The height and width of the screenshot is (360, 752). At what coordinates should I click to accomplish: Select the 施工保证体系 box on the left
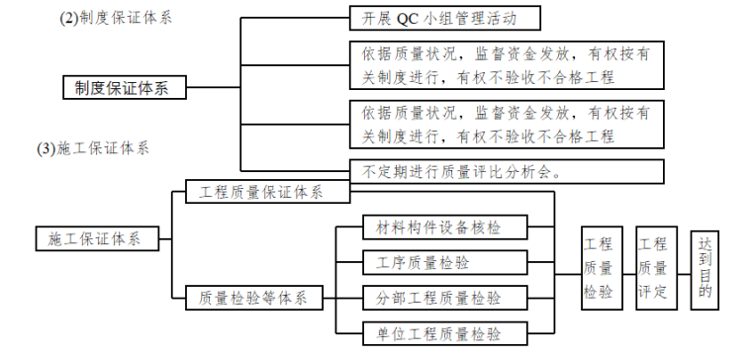pyautogui.click(x=102, y=238)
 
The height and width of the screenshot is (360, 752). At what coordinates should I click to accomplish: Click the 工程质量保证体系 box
pyautogui.click(x=268, y=193)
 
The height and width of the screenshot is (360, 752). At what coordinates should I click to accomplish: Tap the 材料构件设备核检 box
pyautogui.click(x=431, y=227)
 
